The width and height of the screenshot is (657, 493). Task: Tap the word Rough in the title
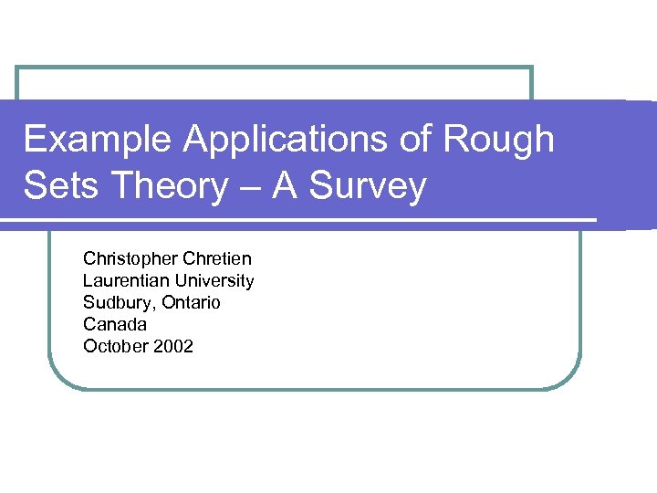point(499,140)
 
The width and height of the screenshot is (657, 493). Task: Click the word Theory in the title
point(171,186)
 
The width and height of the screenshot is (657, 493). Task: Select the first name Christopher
point(131,258)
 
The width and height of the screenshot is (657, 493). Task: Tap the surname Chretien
point(217,258)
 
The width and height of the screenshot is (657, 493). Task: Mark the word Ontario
point(191,302)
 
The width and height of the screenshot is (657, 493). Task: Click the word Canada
point(115,324)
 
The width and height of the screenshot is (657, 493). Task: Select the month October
point(114,346)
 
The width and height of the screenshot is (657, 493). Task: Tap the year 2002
point(172,346)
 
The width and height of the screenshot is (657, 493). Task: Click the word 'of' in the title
point(417,140)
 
